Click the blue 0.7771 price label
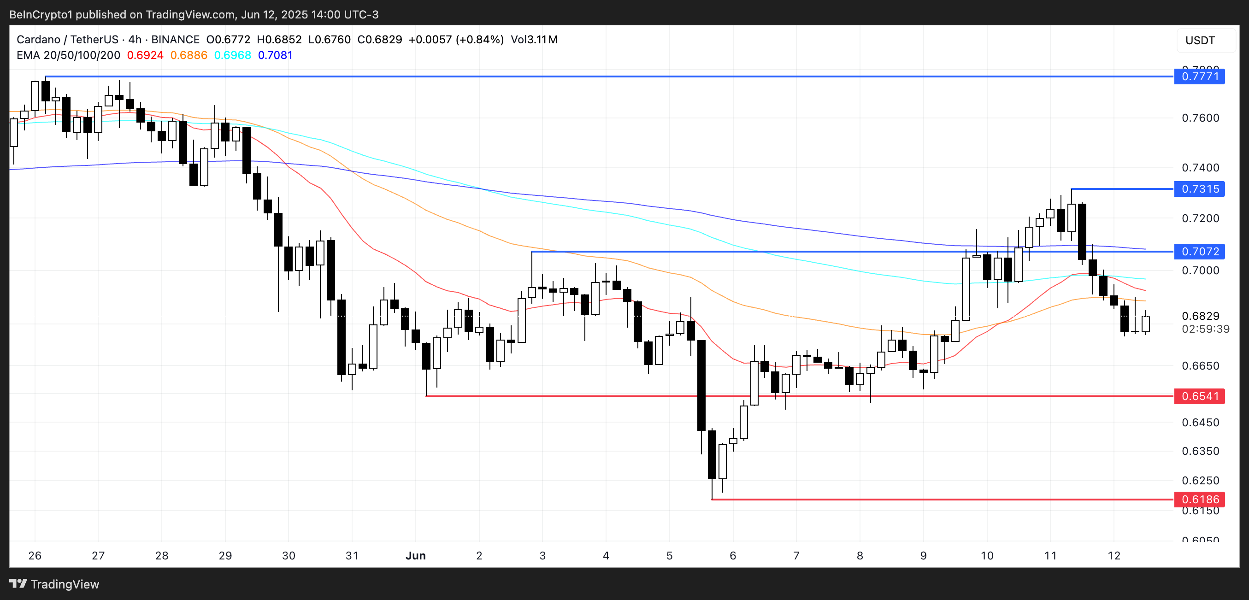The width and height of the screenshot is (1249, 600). [1199, 76]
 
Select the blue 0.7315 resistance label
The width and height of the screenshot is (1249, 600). [1199, 189]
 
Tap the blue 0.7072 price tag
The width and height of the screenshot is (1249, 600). [1199, 252]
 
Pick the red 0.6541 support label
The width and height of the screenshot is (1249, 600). [1199, 396]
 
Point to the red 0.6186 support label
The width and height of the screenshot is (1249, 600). [1199, 499]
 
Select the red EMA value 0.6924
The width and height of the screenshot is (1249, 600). [145, 55]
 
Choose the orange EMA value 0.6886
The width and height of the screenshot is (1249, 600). [189, 55]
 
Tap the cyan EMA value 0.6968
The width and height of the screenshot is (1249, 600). [232, 55]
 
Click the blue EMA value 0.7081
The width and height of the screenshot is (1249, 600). [276, 55]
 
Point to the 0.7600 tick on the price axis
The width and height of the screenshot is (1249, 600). [1200, 118]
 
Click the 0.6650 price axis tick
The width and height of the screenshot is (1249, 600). [1200, 366]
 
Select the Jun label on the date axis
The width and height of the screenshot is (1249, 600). [416, 556]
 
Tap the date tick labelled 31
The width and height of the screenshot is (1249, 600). [352, 556]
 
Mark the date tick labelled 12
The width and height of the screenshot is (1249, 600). [1113, 556]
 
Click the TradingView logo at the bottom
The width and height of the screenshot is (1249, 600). [54, 584]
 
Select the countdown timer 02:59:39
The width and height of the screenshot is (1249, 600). [1205, 329]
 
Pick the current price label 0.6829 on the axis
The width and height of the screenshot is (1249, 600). [1200, 316]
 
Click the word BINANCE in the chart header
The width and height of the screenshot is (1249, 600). [176, 40]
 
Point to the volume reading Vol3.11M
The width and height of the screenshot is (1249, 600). [534, 40]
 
